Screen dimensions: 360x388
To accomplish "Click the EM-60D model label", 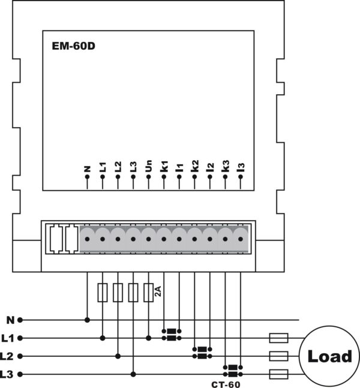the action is [74, 46].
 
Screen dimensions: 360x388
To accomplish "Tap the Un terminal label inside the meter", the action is [148, 166].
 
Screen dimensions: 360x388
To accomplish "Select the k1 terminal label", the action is [164, 166].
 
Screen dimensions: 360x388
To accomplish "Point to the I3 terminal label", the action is [241, 167].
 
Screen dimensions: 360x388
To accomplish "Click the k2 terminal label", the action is [194, 166].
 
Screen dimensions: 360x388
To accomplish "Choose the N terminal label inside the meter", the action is [87, 169].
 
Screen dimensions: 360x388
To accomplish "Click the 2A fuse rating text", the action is [158, 291].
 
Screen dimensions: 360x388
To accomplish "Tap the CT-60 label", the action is [226, 384].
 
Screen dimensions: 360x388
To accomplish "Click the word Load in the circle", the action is [329, 356].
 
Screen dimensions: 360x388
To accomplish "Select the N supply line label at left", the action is [10, 320].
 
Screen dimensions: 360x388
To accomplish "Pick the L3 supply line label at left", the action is [7, 374].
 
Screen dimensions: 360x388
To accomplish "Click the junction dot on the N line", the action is [87, 320].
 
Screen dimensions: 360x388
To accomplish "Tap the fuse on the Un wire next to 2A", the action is [148, 293].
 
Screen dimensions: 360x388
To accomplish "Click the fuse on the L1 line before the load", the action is [278, 338].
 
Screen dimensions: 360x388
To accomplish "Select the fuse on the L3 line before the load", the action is [278, 374].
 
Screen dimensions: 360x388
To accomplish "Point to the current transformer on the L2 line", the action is [202, 353].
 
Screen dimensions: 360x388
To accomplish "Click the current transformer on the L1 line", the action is [172, 335].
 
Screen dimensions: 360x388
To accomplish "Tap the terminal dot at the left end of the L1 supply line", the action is [20, 338].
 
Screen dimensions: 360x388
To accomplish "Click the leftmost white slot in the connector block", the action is [56, 239].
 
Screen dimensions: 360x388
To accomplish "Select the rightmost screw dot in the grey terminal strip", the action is [241, 239].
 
